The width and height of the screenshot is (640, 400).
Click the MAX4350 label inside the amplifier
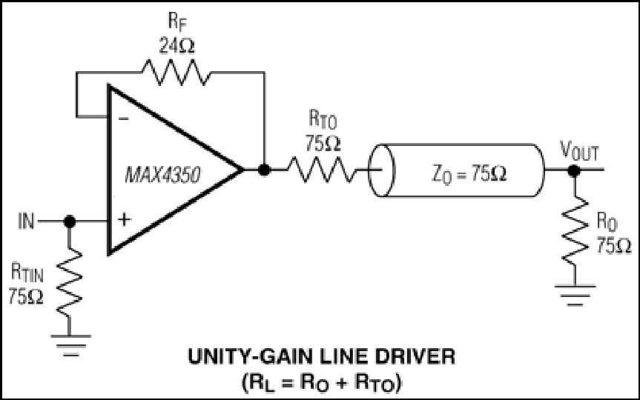[163, 176]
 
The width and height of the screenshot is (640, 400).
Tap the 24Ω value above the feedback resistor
[177, 45]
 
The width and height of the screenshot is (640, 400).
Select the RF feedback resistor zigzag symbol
[177, 73]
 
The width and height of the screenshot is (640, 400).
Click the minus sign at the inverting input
[124, 119]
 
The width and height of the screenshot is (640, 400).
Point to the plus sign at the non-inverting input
[124, 220]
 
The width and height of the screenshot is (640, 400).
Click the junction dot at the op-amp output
[264, 169]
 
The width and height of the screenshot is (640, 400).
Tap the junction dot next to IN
[70, 221]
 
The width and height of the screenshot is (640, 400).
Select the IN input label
[26, 221]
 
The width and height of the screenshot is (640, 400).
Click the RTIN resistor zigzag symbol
[70, 281]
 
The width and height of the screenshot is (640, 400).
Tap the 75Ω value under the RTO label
[323, 144]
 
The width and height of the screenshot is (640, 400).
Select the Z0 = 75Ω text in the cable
[469, 174]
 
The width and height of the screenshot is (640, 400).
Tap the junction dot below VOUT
[574, 170]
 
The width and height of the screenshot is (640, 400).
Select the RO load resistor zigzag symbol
[575, 230]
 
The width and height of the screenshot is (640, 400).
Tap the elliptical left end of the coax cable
[382, 170]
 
